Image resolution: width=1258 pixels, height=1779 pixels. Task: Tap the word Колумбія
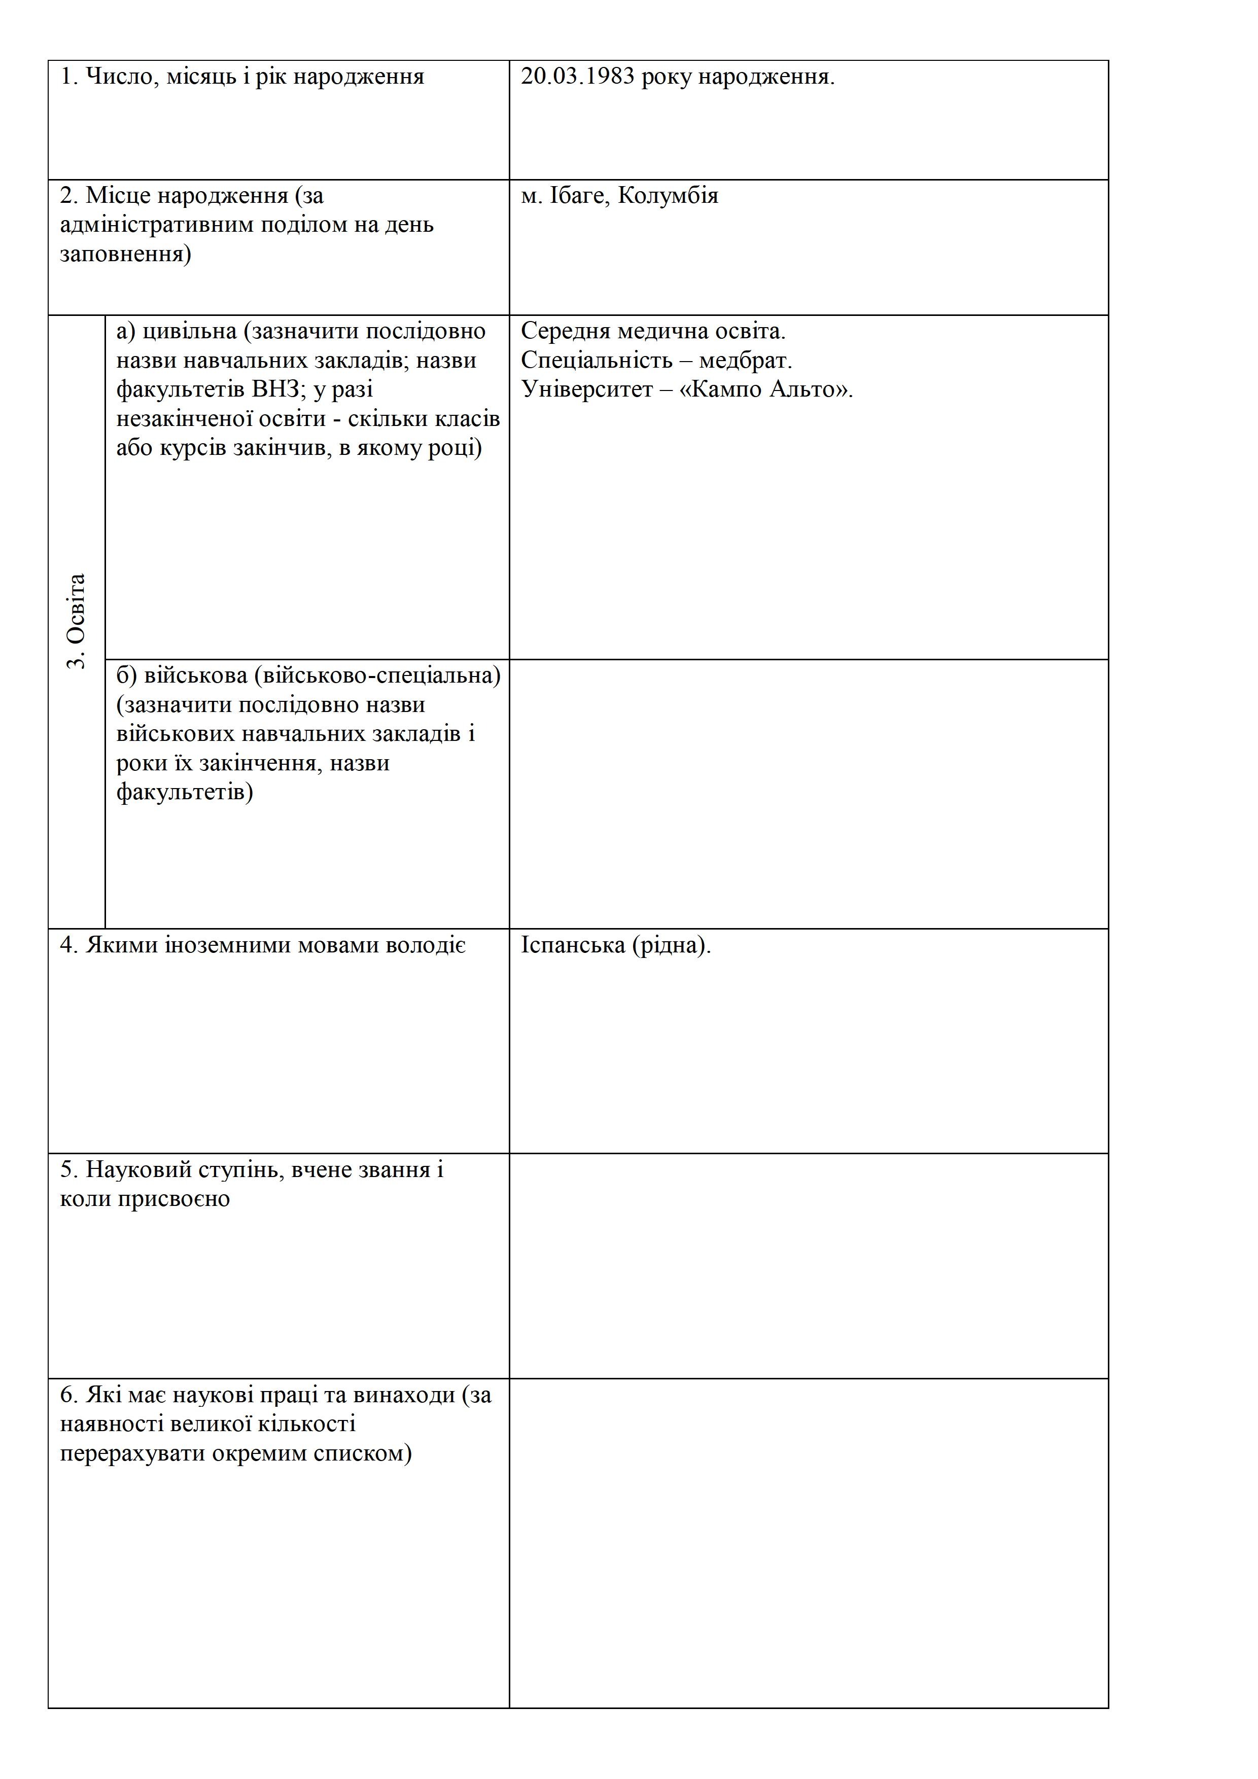tap(668, 196)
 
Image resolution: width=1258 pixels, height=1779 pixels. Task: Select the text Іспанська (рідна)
tap(615, 946)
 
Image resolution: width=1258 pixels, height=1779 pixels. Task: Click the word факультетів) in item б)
tap(185, 793)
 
